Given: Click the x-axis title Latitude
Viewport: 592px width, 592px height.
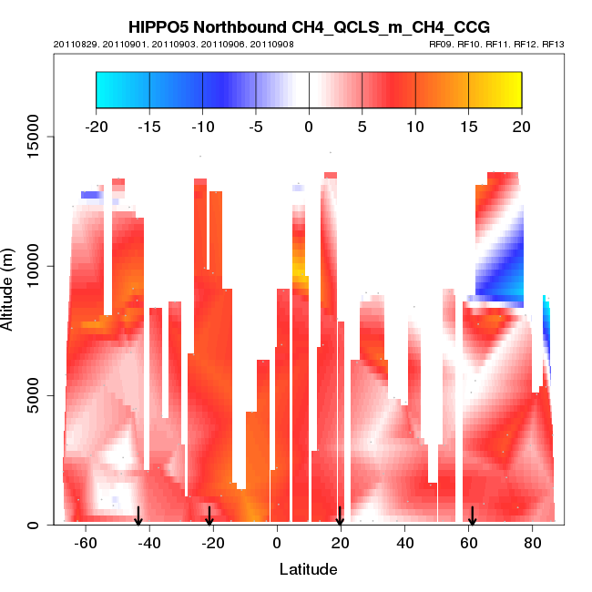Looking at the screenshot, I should pos(308,569).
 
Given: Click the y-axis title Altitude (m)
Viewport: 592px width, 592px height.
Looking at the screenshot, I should pos(9,286).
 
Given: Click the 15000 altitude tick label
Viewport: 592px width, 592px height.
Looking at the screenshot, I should pos(30,137).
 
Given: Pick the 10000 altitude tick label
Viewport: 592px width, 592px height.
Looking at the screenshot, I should pos(30,266).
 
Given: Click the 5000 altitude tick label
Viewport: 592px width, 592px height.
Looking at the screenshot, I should pos(34,395).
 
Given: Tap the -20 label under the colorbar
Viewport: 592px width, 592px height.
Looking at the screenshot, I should pos(96,125).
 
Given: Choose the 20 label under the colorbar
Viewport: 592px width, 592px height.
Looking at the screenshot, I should pos(522,125).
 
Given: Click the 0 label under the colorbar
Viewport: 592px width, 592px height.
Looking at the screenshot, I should pos(309,125).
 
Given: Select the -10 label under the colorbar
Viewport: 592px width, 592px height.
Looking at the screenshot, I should pos(202,125).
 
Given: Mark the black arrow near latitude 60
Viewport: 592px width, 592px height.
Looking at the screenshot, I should pos(472,516).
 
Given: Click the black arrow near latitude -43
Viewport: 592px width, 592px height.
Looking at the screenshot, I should pos(138,516).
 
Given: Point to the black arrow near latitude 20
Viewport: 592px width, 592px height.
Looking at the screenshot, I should pos(340,516).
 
